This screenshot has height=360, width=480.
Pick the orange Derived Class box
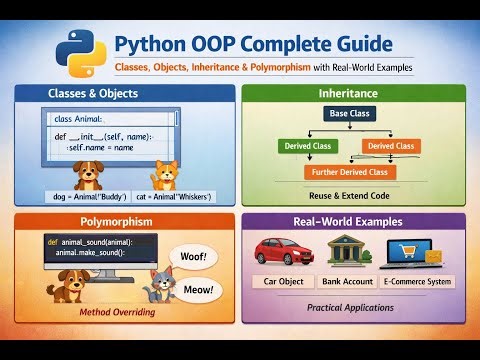point(390,147)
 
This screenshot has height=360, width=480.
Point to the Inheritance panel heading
point(354,94)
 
